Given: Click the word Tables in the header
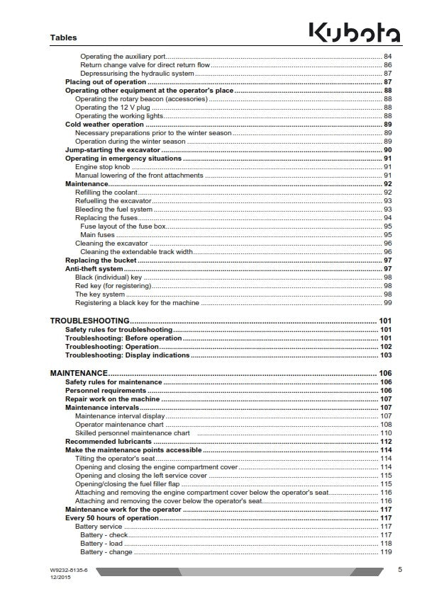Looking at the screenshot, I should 64,38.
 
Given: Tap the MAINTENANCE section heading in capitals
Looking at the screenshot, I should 79,373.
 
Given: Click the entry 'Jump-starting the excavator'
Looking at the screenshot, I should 113,150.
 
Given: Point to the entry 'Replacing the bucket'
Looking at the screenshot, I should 101,260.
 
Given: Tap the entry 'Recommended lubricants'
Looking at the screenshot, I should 109,442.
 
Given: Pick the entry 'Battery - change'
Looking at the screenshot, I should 106,552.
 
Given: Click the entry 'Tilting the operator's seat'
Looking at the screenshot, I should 115,459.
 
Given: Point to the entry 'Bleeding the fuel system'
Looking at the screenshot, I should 113,210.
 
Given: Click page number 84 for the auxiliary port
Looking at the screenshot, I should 388,56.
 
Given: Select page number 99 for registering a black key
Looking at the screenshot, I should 388,303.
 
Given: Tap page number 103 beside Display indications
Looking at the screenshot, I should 386,355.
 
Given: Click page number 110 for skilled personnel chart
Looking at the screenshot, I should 387,433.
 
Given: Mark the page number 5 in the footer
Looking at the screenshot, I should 400,570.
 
